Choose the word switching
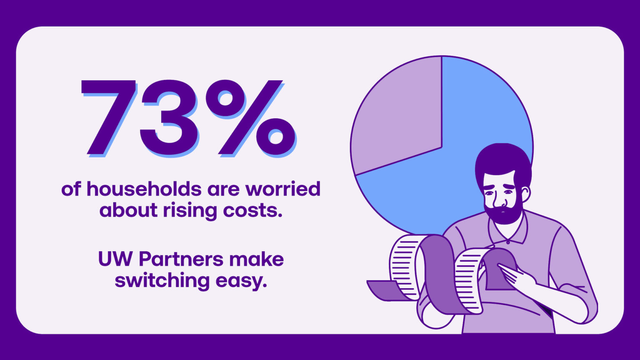(x=162, y=281)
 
